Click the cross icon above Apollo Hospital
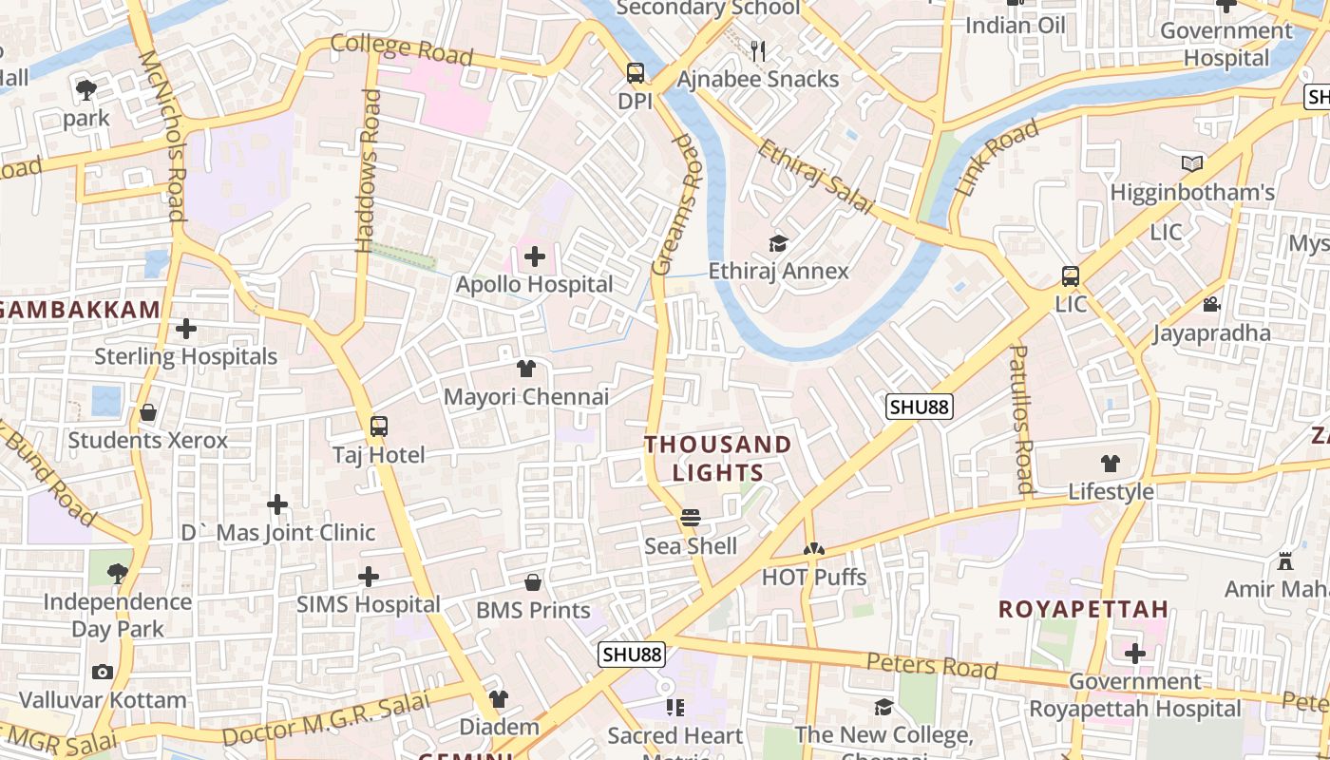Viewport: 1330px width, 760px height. pyautogui.click(x=535, y=256)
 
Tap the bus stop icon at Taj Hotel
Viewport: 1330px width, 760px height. pyautogui.click(x=379, y=427)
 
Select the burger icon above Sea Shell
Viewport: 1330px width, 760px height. pyautogui.click(x=691, y=518)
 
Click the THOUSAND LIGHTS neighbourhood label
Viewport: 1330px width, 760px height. pyautogui.click(x=718, y=458)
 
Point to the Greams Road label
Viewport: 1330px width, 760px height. pyautogui.click(x=676, y=204)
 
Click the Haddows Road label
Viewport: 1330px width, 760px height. pyautogui.click(x=368, y=171)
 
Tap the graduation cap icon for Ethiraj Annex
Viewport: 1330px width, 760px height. pyautogui.click(x=778, y=243)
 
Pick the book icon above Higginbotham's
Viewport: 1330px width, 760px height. pyautogui.click(x=1192, y=163)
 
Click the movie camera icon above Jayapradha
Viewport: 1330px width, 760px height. pyautogui.click(x=1211, y=305)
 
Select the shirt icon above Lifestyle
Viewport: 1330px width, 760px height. pyautogui.click(x=1111, y=464)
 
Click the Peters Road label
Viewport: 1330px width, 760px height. pyautogui.click(x=932, y=665)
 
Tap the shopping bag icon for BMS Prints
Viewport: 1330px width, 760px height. pyautogui.click(x=533, y=581)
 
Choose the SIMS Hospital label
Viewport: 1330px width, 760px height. pyautogui.click(x=369, y=604)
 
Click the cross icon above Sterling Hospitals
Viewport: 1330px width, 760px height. pyautogui.click(x=186, y=329)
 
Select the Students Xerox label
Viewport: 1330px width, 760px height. pyautogui.click(x=148, y=441)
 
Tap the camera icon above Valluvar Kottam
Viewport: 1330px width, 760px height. pyautogui.click(x=103, y=673)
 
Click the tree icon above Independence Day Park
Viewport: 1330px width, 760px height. pyautogui.click(x=118, y=573)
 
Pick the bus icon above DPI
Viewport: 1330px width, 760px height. pyautogui.click(x=636, y=73)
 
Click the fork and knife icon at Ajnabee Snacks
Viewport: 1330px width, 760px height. pyautogui.click(x=757, y=50)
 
